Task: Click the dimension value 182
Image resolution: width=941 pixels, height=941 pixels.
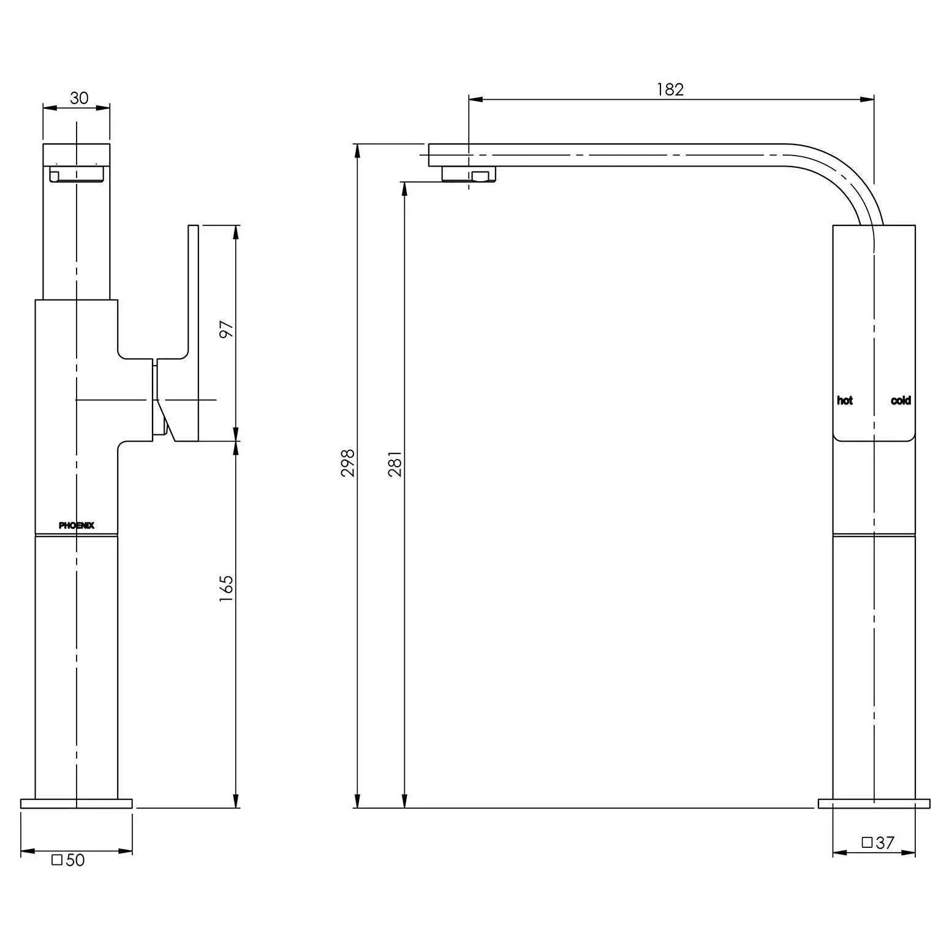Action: pyautogui.click(x=670, y=89)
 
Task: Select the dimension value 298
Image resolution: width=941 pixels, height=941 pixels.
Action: pyautogui.click(x=348, y=463)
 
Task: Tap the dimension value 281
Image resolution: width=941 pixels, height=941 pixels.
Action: pyautogui.click(x=395, y=463)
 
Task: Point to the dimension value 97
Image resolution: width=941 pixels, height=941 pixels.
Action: pyautogui.click(x=227, y=330)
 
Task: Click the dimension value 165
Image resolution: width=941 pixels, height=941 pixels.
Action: pyautogui.click(x=227, y=588)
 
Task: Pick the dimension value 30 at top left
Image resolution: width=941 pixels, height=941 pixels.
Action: pyautogui.click(x=79, y=98)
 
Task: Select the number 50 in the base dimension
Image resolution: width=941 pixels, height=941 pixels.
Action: pyautogui.click(x=75, y=860)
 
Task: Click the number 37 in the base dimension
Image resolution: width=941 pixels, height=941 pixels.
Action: pyautogui.click(x=885, y=843)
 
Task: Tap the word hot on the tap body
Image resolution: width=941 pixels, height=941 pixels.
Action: pyautogui.click(x=845, y=401)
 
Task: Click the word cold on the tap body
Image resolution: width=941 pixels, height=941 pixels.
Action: pyautogui.click(x=901, y=401)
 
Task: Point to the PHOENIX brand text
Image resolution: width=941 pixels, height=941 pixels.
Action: pyautogui.click(x=77, y=526)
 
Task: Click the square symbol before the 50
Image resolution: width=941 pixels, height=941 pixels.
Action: pyautogui.click(x=57, y=860)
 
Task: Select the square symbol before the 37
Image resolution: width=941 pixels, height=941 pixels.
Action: pyautogui.click(x=867, y=842)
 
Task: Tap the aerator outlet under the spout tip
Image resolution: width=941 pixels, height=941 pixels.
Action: pyautogui.click(x=469, y=175)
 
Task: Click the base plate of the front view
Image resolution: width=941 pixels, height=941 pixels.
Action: pyautogui.click(x=77, y=803)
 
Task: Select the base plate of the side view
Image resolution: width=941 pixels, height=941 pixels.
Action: pyautogui.click(x=874, y=803)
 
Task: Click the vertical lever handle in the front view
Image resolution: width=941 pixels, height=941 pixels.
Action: pyautogui.click(x=194, y=306)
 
